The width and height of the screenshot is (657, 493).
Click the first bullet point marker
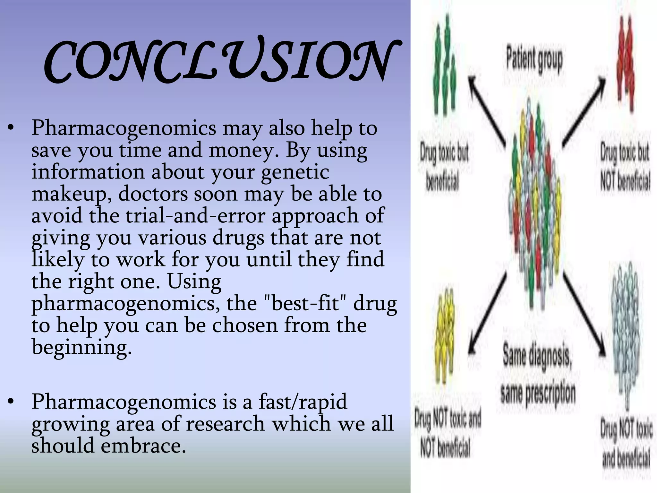[11, 128]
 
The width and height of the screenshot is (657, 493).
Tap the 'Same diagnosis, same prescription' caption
[538, 374]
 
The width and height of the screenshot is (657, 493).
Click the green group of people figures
[444, 69]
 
